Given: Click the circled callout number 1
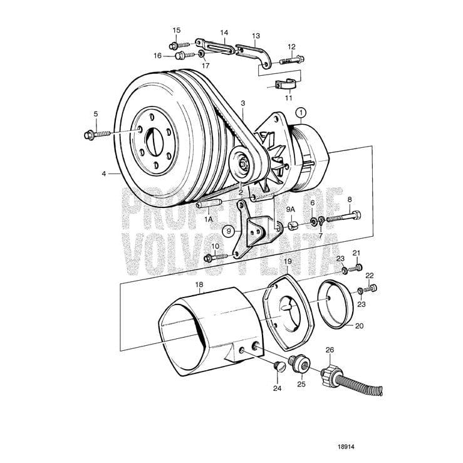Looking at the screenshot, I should pos(302,113).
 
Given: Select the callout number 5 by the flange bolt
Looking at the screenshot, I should pos(96,114).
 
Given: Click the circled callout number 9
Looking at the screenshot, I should pos(230,231).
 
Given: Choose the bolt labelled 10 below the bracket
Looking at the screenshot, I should pos(216,256).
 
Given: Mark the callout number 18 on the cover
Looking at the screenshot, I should pos(199,284).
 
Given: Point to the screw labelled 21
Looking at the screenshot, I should pos(358,268).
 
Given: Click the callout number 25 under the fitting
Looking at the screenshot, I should pos(301,383).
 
